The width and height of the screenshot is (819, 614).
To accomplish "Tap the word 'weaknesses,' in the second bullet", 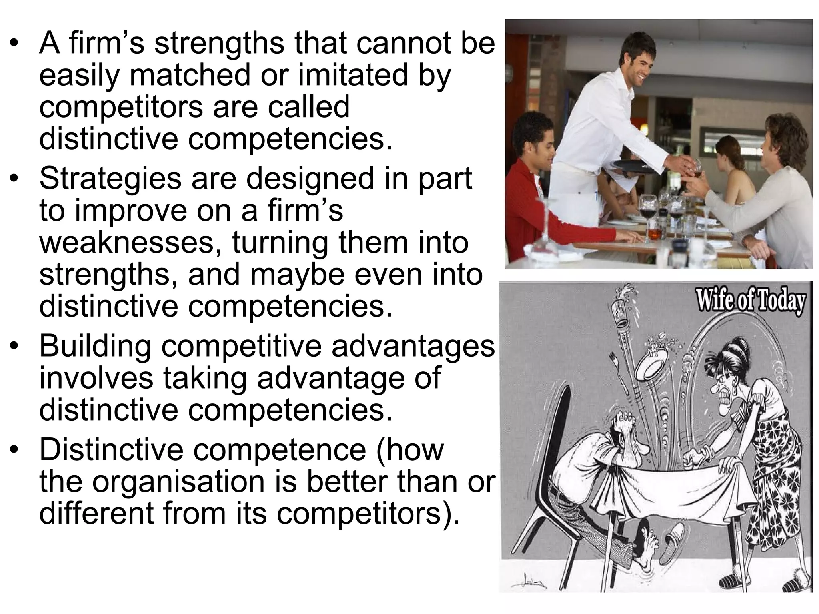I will click(130, 243).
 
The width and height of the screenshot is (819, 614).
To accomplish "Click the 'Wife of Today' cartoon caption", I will click(750, 302).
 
